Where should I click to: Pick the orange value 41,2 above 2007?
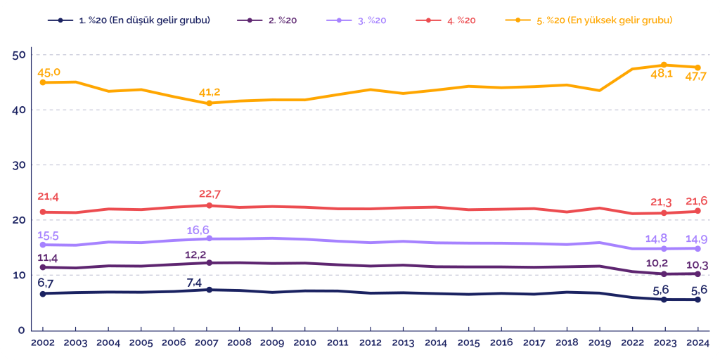click(x=209, y=91)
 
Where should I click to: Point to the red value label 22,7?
click(x=210, y=194)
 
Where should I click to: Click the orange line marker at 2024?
click(x=697, y=67)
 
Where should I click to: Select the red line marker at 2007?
click(x=209, y=205)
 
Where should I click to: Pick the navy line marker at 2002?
click(x=43, y=293)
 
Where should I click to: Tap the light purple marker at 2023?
click(x=664, y=248)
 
